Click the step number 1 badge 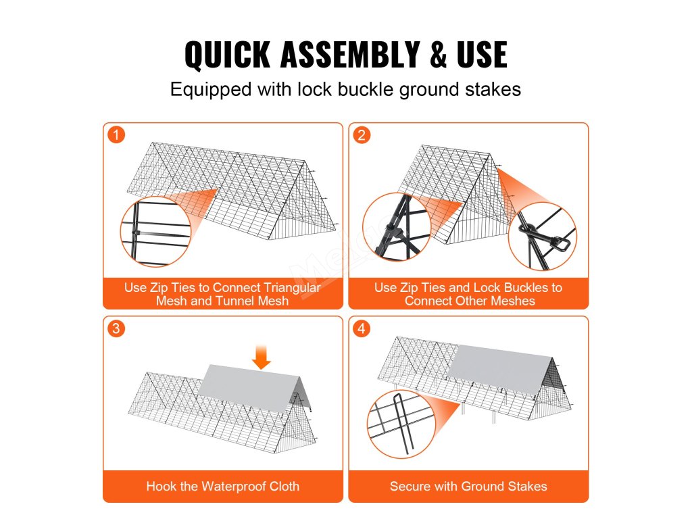click(116, 134)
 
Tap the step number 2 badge click(362, 134)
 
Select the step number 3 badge click(116, 328)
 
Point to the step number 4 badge click(362, 328)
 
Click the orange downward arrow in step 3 click(262, 357)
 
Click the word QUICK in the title click(227, 54)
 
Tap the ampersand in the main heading click(438, 54)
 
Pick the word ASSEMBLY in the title click(349, 54)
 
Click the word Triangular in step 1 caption click(292, 288)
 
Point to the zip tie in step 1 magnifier click(136, 232)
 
